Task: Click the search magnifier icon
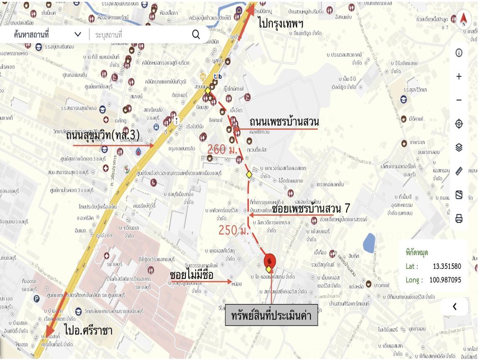point(196,35)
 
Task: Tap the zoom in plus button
point(459,77)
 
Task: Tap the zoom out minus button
point(459,100)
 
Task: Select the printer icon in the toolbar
point(459,219)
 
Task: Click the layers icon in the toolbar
point(459,147)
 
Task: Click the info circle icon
point(459,53)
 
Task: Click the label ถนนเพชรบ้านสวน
point(284,122)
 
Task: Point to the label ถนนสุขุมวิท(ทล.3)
point(103,136)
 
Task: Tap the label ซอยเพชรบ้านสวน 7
point(311,208)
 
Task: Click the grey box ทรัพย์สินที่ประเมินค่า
point(271,315)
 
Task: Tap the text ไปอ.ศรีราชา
point(88,330)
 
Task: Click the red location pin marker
point(270,261)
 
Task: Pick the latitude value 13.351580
point(447,266)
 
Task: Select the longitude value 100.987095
point(445,280)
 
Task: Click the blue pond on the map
point(369,242)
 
